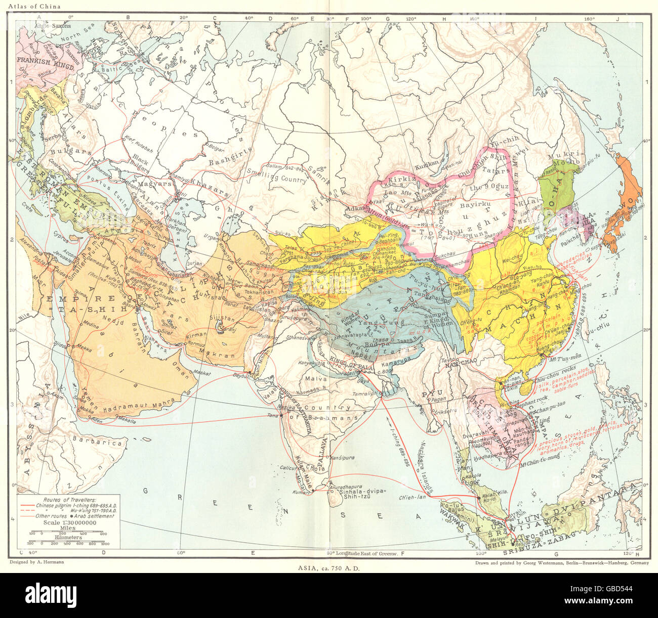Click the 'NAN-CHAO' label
[460, 363]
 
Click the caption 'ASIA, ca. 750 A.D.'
[329, 567]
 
